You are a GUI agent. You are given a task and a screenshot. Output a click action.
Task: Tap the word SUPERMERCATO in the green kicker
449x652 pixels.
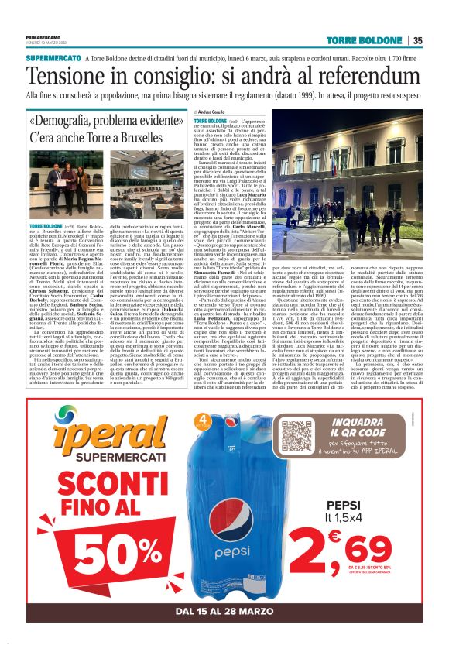click(x=54, y=58)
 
